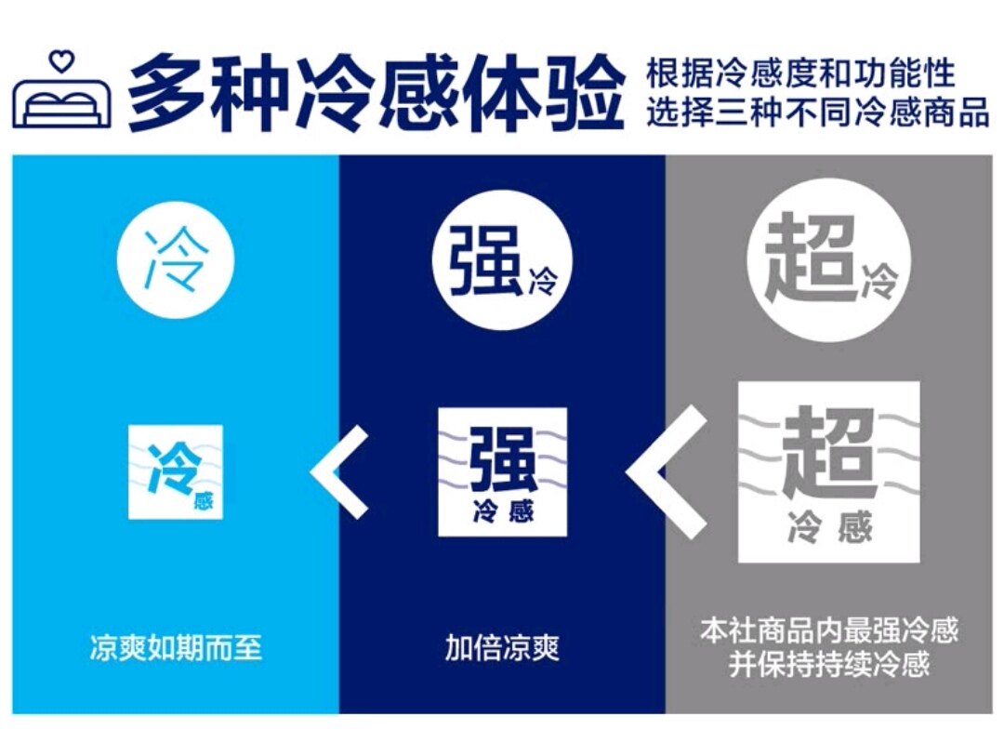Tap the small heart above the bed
pos(62,61)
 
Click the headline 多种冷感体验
pos(376,92)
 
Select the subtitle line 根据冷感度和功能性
pos(800,73)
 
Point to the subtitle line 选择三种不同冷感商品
pos(818,112)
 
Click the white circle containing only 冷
pos(176,260)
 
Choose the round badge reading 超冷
pos(829,259)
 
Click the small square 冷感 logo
pos(176,471)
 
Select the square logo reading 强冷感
pos(503,471)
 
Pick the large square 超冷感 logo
pos(829,472)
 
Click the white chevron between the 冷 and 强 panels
pos(340,471)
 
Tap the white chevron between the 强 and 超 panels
pos(667,471)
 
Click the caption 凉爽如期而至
pos(176,647)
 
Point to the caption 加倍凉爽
pos(503,647)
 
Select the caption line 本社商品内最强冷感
pos(829,630)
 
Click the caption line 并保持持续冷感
pos(829,664)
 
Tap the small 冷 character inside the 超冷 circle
pos(879,281)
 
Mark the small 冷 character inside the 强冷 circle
pos(543,281)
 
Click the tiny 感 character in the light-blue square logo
pos(204,501)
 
